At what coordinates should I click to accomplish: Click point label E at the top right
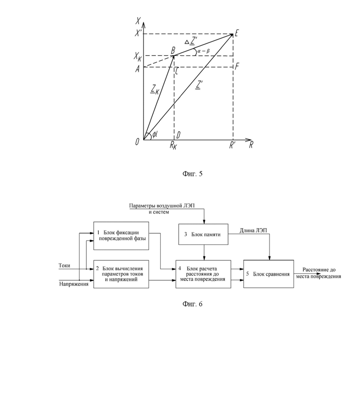click(237, 33)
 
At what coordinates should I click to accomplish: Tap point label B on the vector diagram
click(174, 50)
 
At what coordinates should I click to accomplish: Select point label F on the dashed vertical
click(237, 66)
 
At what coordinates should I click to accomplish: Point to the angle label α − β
click(204, 51)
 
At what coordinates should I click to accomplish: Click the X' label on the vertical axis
click(139, 33)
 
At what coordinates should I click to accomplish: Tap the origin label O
click(138, 142)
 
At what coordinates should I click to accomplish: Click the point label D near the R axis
click(178, 135)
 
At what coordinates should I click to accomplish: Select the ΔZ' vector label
click(191, 41)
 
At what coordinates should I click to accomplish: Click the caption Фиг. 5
click(192, 174)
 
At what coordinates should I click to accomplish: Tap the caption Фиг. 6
click(192, 304)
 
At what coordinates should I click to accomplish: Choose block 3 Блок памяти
click(203, 234)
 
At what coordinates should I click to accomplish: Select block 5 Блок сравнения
click(269, 274)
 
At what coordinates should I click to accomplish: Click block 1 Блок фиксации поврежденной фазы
click(121, 236)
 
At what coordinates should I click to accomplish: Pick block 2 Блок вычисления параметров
click(121, 274)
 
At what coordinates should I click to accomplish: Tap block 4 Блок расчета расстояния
click(203, 274)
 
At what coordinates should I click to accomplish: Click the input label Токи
click(64, 266)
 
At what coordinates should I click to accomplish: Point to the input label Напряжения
click(74, 284)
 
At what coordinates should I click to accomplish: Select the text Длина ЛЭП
click(253, 231)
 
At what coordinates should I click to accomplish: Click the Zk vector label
click(155, 89)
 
